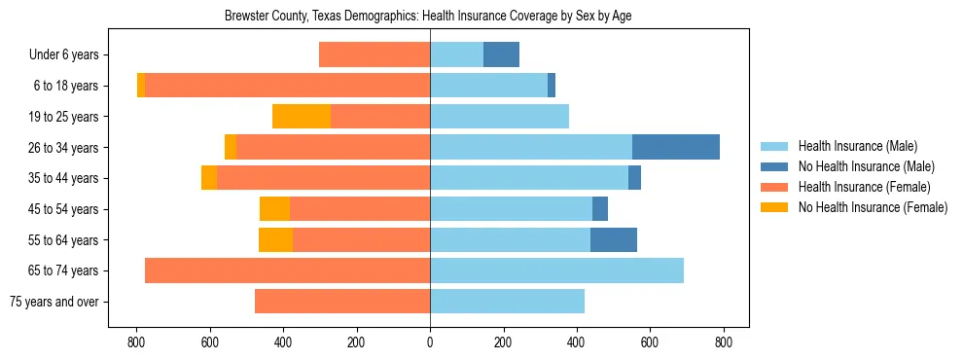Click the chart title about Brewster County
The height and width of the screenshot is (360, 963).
(x=429, y=17)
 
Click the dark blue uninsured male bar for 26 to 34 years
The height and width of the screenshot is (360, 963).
(x=676, y=147)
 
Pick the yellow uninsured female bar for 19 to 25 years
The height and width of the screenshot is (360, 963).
(x=302, y=117)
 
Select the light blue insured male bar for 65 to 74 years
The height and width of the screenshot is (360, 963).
(x=556, y=270)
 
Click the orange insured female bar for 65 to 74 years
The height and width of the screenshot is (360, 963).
(x=287, y=270)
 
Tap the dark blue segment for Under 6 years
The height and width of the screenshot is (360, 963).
(x=501, y=55)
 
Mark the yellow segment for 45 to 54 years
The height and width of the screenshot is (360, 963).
(x=274, y=209)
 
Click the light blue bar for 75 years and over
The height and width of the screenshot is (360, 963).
(x=507, y=302)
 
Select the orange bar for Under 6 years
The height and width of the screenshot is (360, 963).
(x=374, y=55)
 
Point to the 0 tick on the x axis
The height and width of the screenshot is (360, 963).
(x=430, y=342)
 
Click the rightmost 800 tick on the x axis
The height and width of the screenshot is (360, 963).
(x=724, y=342)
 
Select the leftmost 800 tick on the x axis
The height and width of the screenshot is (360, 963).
(x=136, y=342)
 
